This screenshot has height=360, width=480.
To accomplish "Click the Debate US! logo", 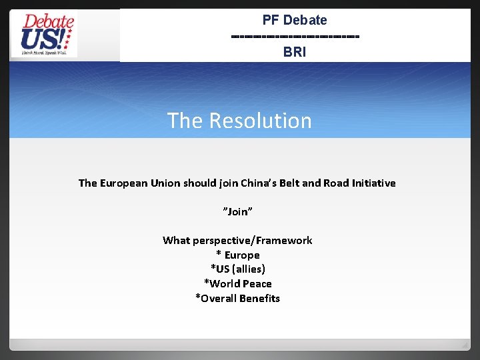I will tap(44, 35).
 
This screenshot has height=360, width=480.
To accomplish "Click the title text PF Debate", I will tap(295, 20).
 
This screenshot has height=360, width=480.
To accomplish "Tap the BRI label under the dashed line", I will tap(295, 51).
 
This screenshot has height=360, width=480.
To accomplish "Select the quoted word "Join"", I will tap(237, 211).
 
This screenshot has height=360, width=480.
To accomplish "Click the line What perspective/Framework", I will tap(237, 240).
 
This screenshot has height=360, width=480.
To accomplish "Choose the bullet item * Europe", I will tap(238, 255).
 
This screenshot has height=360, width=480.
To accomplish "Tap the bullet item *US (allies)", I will tap(238, 269).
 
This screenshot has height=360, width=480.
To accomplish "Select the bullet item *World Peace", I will tap(238, 283).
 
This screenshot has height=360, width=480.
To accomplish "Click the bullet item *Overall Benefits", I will tap(238, 298).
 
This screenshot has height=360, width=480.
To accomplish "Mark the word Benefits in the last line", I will tap(259, 298).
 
